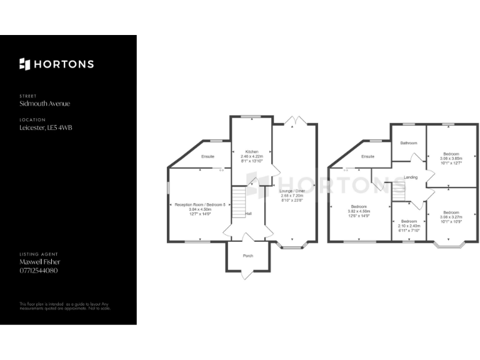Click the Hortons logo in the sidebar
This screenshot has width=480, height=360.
click(56, 64)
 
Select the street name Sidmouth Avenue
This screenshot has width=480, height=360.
click(45, 104)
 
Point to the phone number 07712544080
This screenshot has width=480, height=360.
click(39, 270)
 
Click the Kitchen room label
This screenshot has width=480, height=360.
click(252, 152)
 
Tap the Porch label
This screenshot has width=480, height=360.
click(248, 256)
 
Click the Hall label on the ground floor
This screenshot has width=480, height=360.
click(248, 214)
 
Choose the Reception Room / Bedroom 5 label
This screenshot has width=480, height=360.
click(200, 204)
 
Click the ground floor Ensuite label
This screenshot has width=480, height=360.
click(207, 156)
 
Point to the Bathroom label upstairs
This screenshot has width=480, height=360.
click(409, 143)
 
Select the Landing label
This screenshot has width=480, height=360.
click(411, 177)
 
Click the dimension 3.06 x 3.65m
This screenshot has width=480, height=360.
click(451, 158)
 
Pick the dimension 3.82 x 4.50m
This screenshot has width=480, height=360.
click(359, 211)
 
